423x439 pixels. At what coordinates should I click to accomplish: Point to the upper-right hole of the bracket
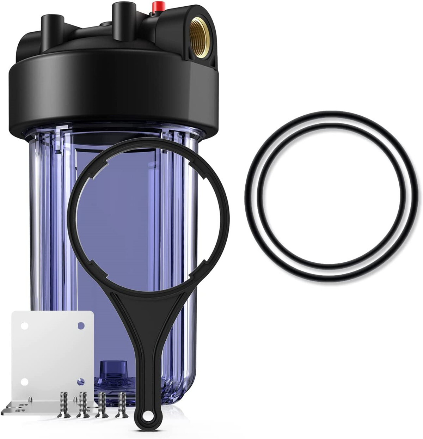coord(81,325)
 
